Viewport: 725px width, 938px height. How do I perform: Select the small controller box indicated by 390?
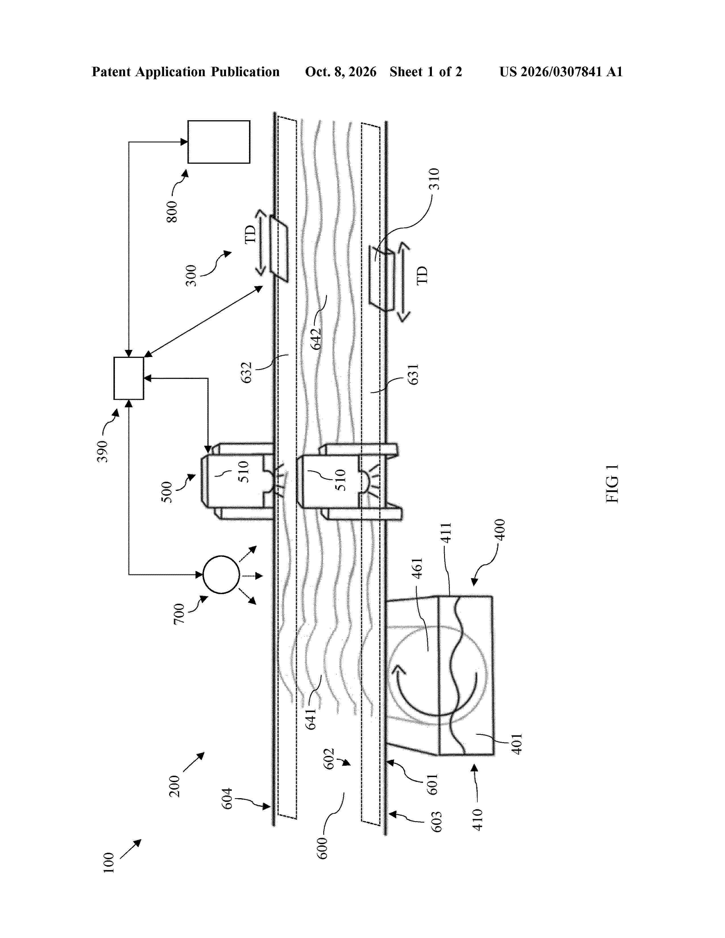click(x=129, y=378)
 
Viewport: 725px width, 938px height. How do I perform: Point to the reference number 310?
click(x=435, y=179)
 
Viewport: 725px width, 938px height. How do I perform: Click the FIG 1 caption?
click(x=612, y=483)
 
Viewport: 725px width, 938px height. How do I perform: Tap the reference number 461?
click(x=417, y=568)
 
